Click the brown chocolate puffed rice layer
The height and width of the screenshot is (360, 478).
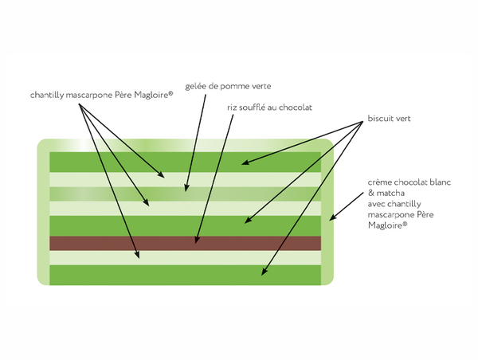click(185, 242)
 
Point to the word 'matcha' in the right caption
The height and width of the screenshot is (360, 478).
click(390, 192)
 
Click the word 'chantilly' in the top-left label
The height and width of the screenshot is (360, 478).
click(49, 95)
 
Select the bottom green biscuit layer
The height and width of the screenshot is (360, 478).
click(185, 275)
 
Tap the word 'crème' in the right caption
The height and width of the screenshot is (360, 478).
click(382, 181)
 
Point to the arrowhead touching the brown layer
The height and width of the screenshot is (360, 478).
click(198, 238)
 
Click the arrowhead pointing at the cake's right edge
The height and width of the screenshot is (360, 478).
click(333, 216)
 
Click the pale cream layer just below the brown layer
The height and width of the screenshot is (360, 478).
click(185, 256)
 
